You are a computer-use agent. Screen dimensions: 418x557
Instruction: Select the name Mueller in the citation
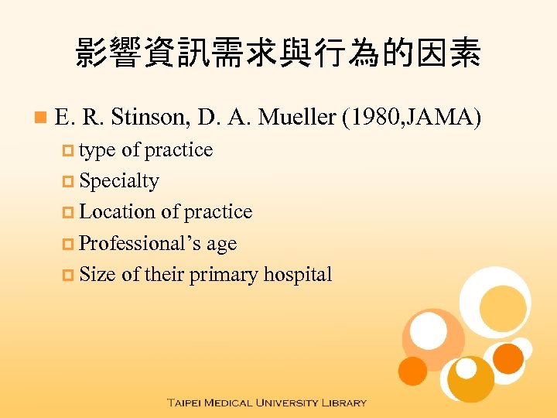point(297,118)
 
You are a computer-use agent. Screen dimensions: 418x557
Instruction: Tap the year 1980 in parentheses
point(368,118)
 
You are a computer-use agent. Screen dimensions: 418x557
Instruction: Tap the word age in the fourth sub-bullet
point(221,245)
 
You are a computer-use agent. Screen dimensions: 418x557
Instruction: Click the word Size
point(97,274)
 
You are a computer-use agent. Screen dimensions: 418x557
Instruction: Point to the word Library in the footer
point(343,403)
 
